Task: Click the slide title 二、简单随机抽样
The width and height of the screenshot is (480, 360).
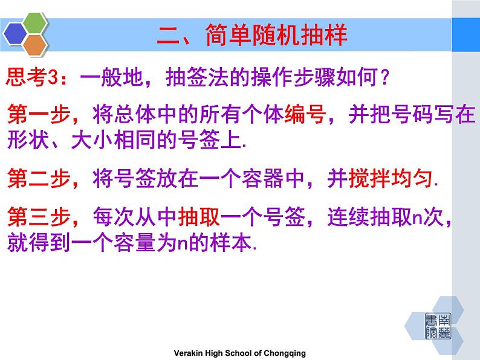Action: [x=252, y=35]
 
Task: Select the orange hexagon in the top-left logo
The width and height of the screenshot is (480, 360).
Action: [x=37, y=43]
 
